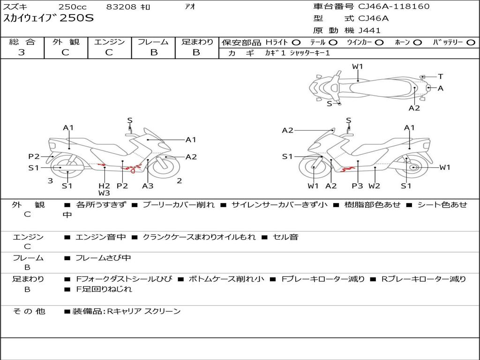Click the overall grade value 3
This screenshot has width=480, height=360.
tap(22, 52)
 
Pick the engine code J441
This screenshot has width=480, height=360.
tap(370, 30)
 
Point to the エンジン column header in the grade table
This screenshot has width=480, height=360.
tap(109, 42)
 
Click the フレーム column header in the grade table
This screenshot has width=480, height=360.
tap(153, 42)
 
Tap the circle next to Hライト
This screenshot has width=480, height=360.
tap(297, 43)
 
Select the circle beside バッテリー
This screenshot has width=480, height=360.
tap(471, 43)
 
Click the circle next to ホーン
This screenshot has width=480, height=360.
tap(418, 43)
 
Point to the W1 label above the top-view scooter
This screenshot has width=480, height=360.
tap(358, 67)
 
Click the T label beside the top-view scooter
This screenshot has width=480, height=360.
tap(441, 76)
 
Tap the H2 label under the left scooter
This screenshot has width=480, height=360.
tap(104, 186)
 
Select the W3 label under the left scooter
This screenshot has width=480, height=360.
tap(104, 193)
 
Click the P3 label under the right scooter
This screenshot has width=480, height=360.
tap(357, 186)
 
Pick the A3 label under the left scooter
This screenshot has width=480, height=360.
tap(148, 186)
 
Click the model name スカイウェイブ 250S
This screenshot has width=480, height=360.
tap(49, 19)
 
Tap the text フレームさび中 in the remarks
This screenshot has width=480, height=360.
tap(103, 258)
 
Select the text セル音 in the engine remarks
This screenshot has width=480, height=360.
tap(287, 237)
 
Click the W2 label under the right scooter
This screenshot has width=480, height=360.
tap(374, 186)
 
